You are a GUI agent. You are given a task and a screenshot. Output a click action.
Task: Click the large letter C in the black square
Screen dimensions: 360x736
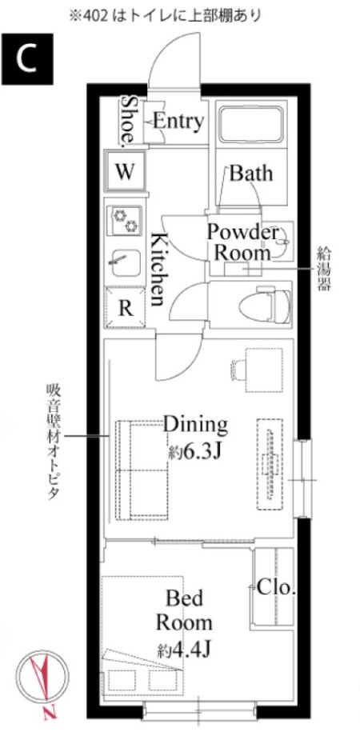(x=26, y=58)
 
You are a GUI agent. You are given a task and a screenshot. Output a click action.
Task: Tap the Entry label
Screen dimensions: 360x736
(x=178, y=122)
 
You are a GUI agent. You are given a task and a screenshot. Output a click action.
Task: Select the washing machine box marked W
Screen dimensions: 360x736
(x=125, y=171)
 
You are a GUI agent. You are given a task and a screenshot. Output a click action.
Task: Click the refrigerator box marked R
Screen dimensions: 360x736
(x=124, y=307)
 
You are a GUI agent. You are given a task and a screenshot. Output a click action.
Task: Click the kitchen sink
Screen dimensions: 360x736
(x=126, y=263)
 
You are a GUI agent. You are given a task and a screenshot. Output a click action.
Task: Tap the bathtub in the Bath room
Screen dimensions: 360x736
(x=251, y=124)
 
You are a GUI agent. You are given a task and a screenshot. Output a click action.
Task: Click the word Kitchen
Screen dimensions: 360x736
(x=158, y=269)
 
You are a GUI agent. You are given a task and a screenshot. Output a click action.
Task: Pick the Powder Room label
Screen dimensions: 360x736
(x=242, y=242)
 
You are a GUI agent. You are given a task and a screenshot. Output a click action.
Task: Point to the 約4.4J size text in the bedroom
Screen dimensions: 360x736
(x=184, y=650)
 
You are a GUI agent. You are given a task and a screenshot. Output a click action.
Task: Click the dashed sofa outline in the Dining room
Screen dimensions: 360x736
(x=142, y=470)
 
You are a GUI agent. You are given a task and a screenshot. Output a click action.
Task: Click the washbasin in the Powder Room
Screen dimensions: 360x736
(x=280, y=242)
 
